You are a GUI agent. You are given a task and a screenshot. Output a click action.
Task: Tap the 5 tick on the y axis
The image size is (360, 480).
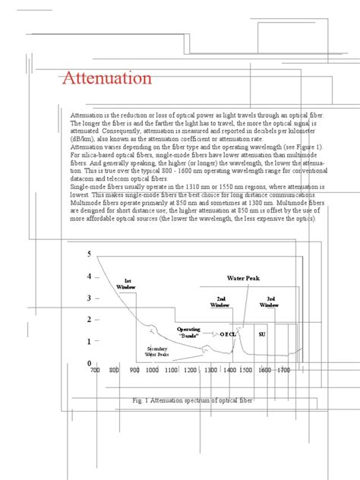(x=89, y=254)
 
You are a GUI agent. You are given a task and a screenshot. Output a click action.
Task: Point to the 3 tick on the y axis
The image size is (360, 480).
(x=89, y=298)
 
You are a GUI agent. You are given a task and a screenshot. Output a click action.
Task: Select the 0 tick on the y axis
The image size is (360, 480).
(x=89, y=364)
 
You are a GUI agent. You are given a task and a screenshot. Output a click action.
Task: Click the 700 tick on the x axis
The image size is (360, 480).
(x=95, y=371)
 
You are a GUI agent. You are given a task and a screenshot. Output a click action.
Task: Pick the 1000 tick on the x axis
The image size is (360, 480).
(x=151, y=371)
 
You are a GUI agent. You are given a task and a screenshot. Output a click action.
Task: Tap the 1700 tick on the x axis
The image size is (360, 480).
(x=283, y=371)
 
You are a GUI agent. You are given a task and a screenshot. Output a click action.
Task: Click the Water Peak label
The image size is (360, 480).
(x=244, y=279)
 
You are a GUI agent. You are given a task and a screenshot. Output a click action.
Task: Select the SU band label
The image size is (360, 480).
(x=261, y=334)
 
